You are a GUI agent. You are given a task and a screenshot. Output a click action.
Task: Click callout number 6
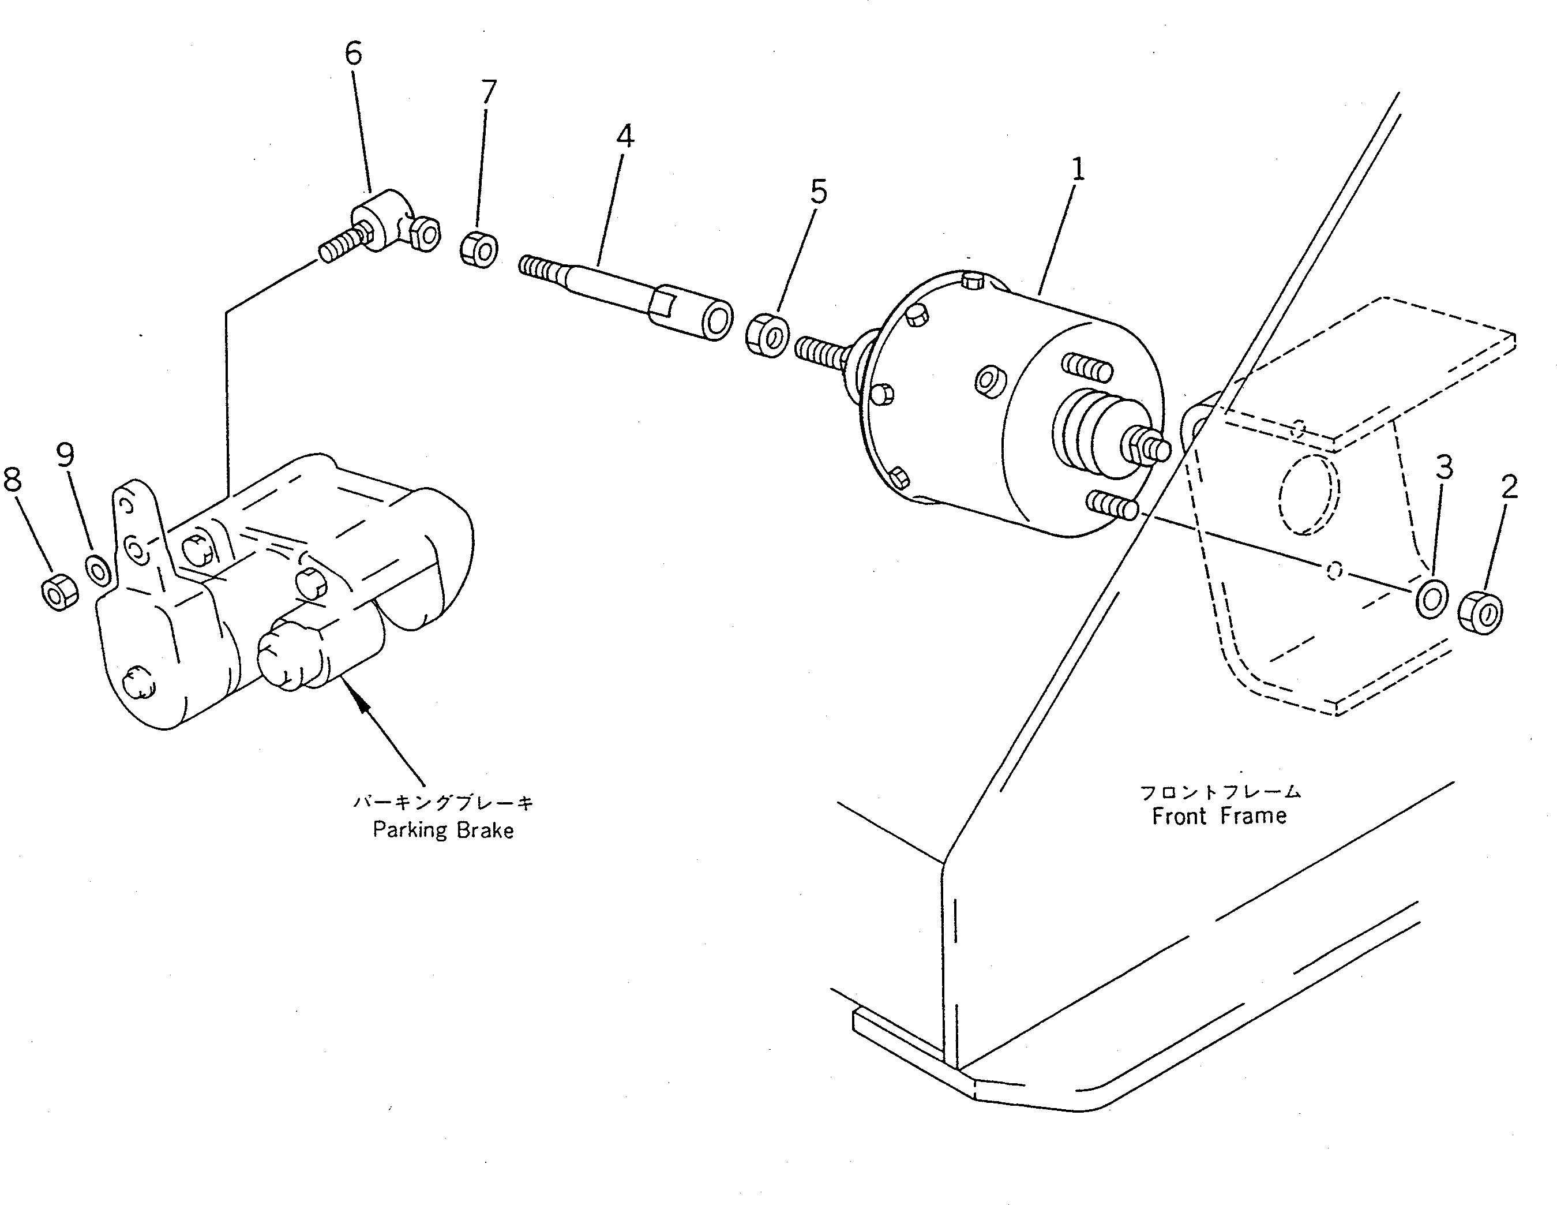click(354, 54)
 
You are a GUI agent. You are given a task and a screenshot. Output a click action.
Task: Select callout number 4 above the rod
click(625, 136)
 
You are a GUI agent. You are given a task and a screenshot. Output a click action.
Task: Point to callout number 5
click(819, 192)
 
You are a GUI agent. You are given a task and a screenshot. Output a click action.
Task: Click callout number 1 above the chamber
click(1078, 170)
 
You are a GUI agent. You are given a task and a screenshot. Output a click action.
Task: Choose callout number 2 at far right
click(1509, 488)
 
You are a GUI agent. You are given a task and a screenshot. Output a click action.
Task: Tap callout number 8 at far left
click(13, 479)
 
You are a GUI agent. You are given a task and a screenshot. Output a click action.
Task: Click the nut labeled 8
click(60, 591)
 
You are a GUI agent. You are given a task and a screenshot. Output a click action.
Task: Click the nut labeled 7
click(478, 249)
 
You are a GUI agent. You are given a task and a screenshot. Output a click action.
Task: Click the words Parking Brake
click(442, 830)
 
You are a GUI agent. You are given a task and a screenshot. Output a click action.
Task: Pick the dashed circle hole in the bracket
click(1309, 492)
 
